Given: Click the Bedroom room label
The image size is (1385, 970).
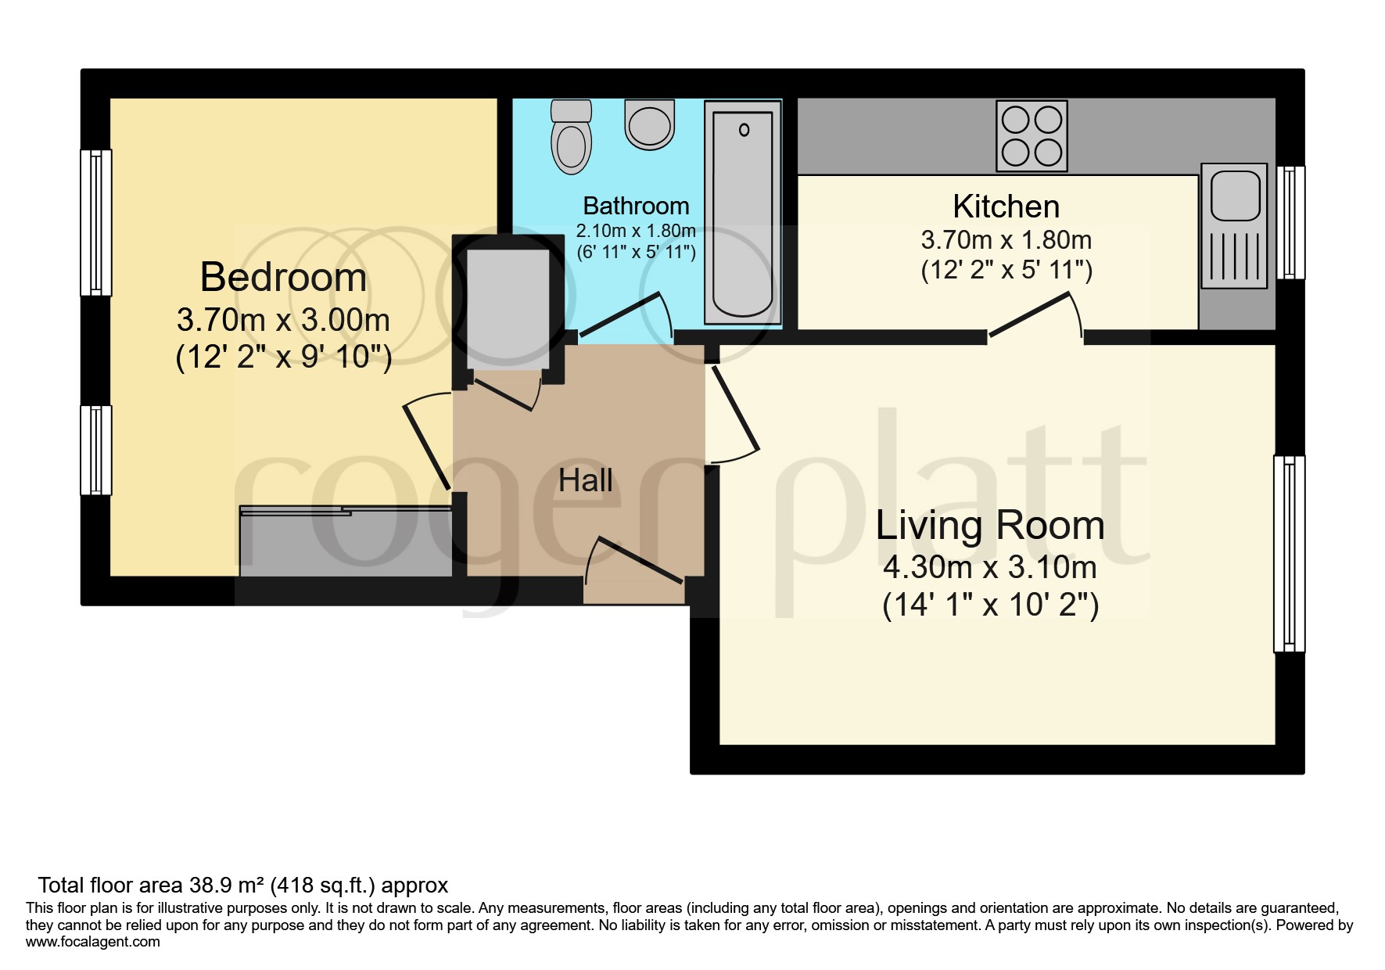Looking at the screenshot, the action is [x=283, y=278].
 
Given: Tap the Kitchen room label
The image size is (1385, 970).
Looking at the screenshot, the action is [x=1006, y=207].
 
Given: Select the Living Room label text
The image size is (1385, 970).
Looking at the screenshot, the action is [x=990, y=525].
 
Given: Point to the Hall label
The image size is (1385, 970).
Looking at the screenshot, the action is [x=585, y=480].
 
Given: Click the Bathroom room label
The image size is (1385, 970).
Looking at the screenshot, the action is [x=636, y=206].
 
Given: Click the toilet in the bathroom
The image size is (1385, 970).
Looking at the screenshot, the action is [x=571, y=137].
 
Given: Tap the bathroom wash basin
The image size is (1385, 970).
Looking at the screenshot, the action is [x=650, y=124].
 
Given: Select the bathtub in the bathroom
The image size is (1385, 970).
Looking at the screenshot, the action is [x=743, y=212].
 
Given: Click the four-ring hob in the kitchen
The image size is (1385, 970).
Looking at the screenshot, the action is [x=1032, y=136].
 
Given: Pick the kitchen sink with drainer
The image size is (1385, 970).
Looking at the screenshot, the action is [x=1233, y=225].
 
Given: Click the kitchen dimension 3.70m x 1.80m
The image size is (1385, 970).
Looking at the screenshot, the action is [x=1006, y=239].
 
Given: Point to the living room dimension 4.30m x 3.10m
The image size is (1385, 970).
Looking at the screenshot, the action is [x=990, y=567].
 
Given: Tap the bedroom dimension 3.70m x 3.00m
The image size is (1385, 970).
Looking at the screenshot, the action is [x=283, y=320].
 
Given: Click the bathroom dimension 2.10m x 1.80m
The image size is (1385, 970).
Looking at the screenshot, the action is [x=636, y=232].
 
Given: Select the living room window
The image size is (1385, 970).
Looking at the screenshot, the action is [x=1290, y=554].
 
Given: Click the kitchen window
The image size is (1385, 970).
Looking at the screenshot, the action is [x=1291, y=222].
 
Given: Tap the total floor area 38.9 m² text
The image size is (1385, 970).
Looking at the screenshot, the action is [x=243, y=886].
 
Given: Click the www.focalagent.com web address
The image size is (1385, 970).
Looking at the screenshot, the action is [x=93, y=942].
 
